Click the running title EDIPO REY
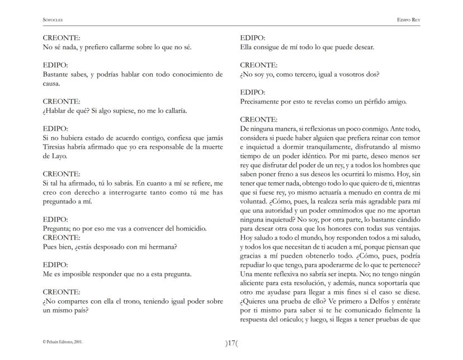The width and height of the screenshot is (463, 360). point(408,20)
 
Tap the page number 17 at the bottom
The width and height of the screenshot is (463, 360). point(232,343)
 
